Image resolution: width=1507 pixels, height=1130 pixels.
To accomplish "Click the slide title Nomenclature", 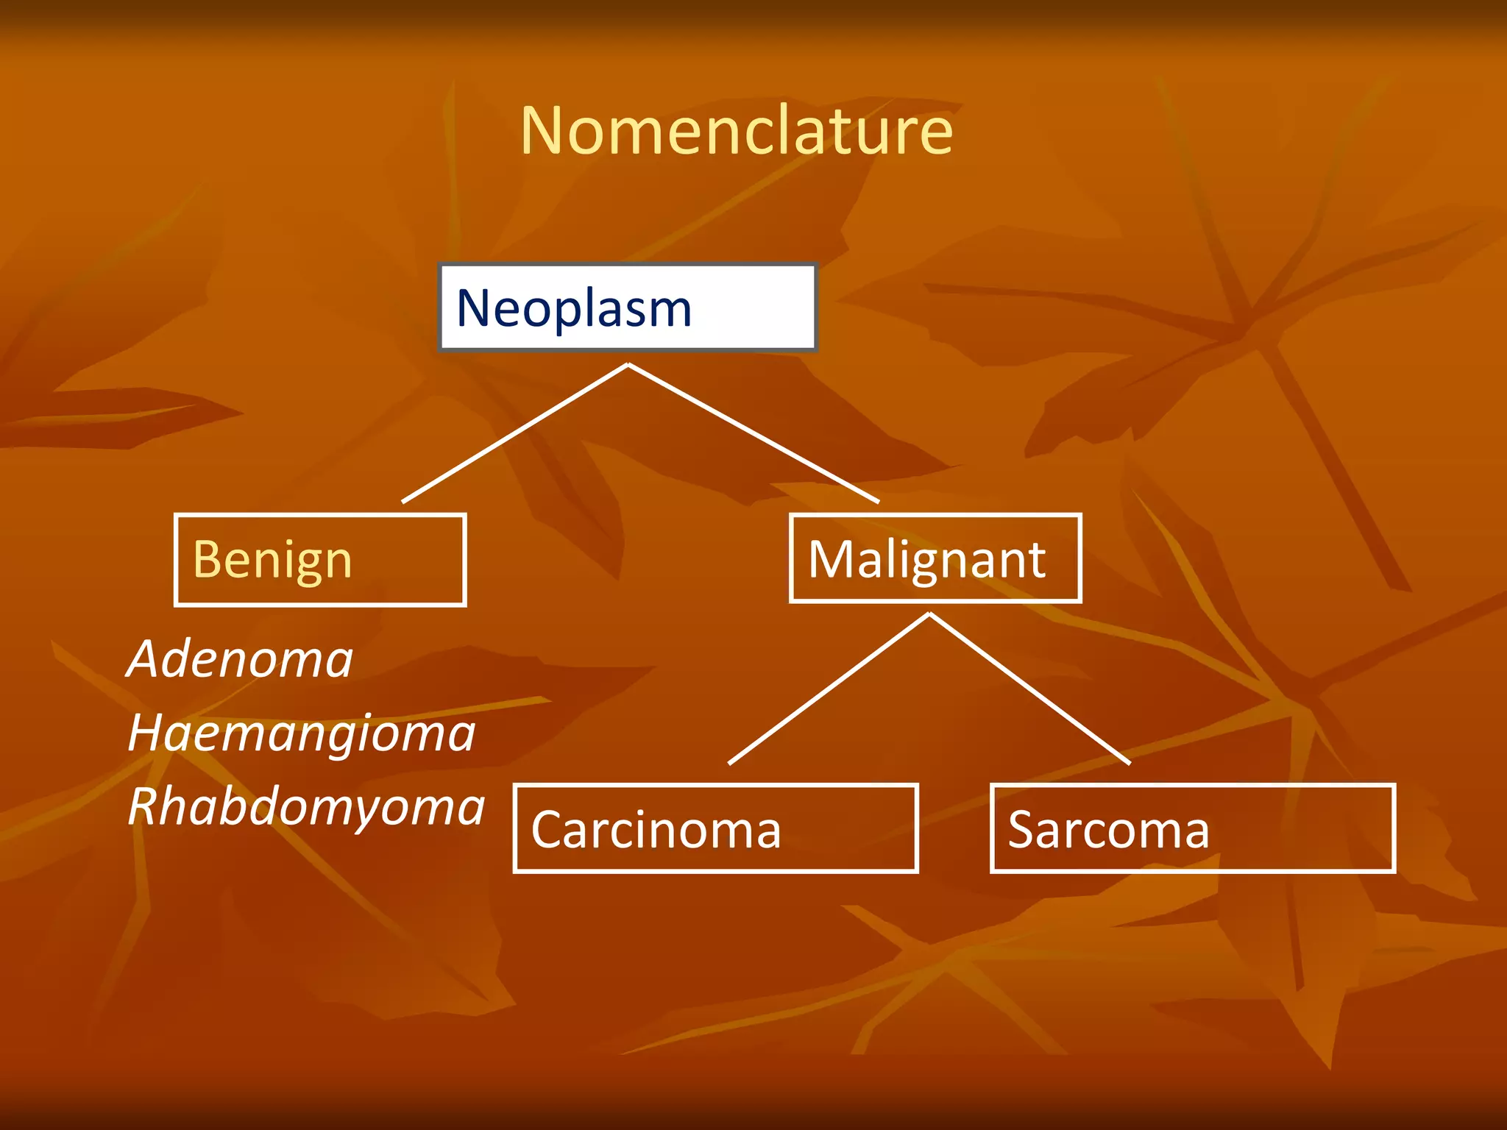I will coord(737,131).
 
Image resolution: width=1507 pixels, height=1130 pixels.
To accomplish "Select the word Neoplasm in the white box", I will coord(574,308).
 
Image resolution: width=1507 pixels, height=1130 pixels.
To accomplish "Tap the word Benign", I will coord(272,560).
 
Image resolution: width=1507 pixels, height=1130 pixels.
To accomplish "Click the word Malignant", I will coord(926,560).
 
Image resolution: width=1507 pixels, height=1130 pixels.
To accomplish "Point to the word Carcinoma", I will coord(656,830).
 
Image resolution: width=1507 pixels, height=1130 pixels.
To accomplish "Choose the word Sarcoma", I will coord(1108,830).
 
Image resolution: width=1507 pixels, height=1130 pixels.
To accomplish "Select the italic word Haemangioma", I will coord(302,733).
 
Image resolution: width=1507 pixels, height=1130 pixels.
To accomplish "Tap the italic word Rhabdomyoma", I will coord(306,807).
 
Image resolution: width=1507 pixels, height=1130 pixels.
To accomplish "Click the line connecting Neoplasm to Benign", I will coord(515,433).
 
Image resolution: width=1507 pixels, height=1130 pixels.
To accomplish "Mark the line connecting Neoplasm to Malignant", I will coord(753,433).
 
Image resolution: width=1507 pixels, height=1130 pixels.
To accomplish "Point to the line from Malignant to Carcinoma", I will coord(829,689).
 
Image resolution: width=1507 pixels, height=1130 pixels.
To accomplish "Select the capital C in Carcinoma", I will coord(548,830).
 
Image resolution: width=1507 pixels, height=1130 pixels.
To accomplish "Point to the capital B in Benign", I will coord(208,560).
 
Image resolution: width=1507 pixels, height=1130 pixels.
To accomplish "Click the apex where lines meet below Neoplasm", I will coord(628,365).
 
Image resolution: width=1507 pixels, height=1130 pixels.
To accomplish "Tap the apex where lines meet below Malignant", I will coord(929,615).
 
